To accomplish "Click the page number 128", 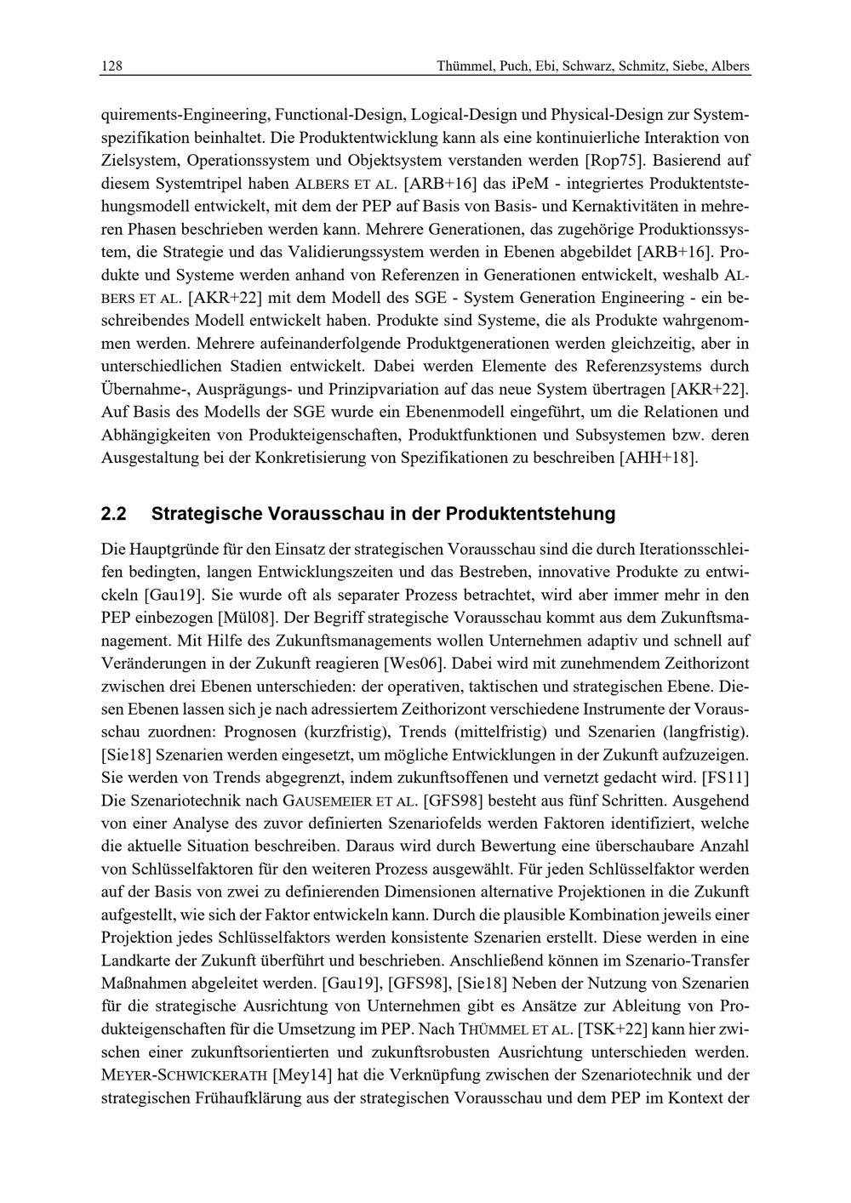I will (x=112, y=66).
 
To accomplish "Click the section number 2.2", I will (x=114, y=514).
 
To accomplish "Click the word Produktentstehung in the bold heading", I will (x=529, y=514).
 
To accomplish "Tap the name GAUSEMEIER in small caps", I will (x=336, y=800).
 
